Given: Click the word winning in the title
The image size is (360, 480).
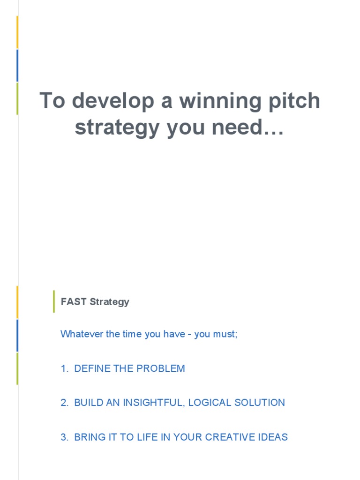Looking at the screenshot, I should [217, 101].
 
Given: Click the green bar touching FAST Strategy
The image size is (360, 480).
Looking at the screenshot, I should [53, 301].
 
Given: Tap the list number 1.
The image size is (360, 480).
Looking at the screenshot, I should [64, 369].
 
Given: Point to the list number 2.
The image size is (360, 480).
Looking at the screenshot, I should [64, 403].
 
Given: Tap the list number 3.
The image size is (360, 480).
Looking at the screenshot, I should [64, 437].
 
